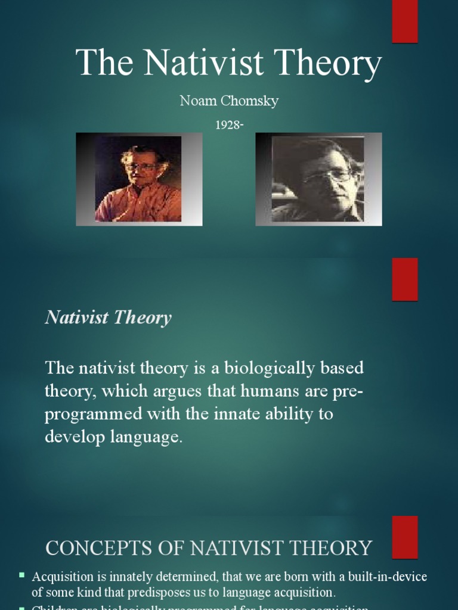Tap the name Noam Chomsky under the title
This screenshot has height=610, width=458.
pyautogui.click(x=229, y=101)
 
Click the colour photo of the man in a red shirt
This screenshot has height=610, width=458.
pyautogui.click(x=138, y=179)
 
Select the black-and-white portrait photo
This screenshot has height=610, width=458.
pyautogui.click(x=318, y=179)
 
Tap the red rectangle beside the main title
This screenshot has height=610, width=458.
pyautogui.click(x=404, y=21)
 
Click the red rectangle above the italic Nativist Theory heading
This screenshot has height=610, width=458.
pyautogui.click(x=404, y=279)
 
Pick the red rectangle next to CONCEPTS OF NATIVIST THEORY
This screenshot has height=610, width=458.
pyautogui.click(x=404, y=537)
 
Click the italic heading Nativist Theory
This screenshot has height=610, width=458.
pyautogui.click(x=108, y=318)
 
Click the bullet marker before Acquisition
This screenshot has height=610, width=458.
pyautogui.click(x=22, y=575)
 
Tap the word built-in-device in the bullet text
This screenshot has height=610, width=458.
pyautogui.click(x=388, y=577)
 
